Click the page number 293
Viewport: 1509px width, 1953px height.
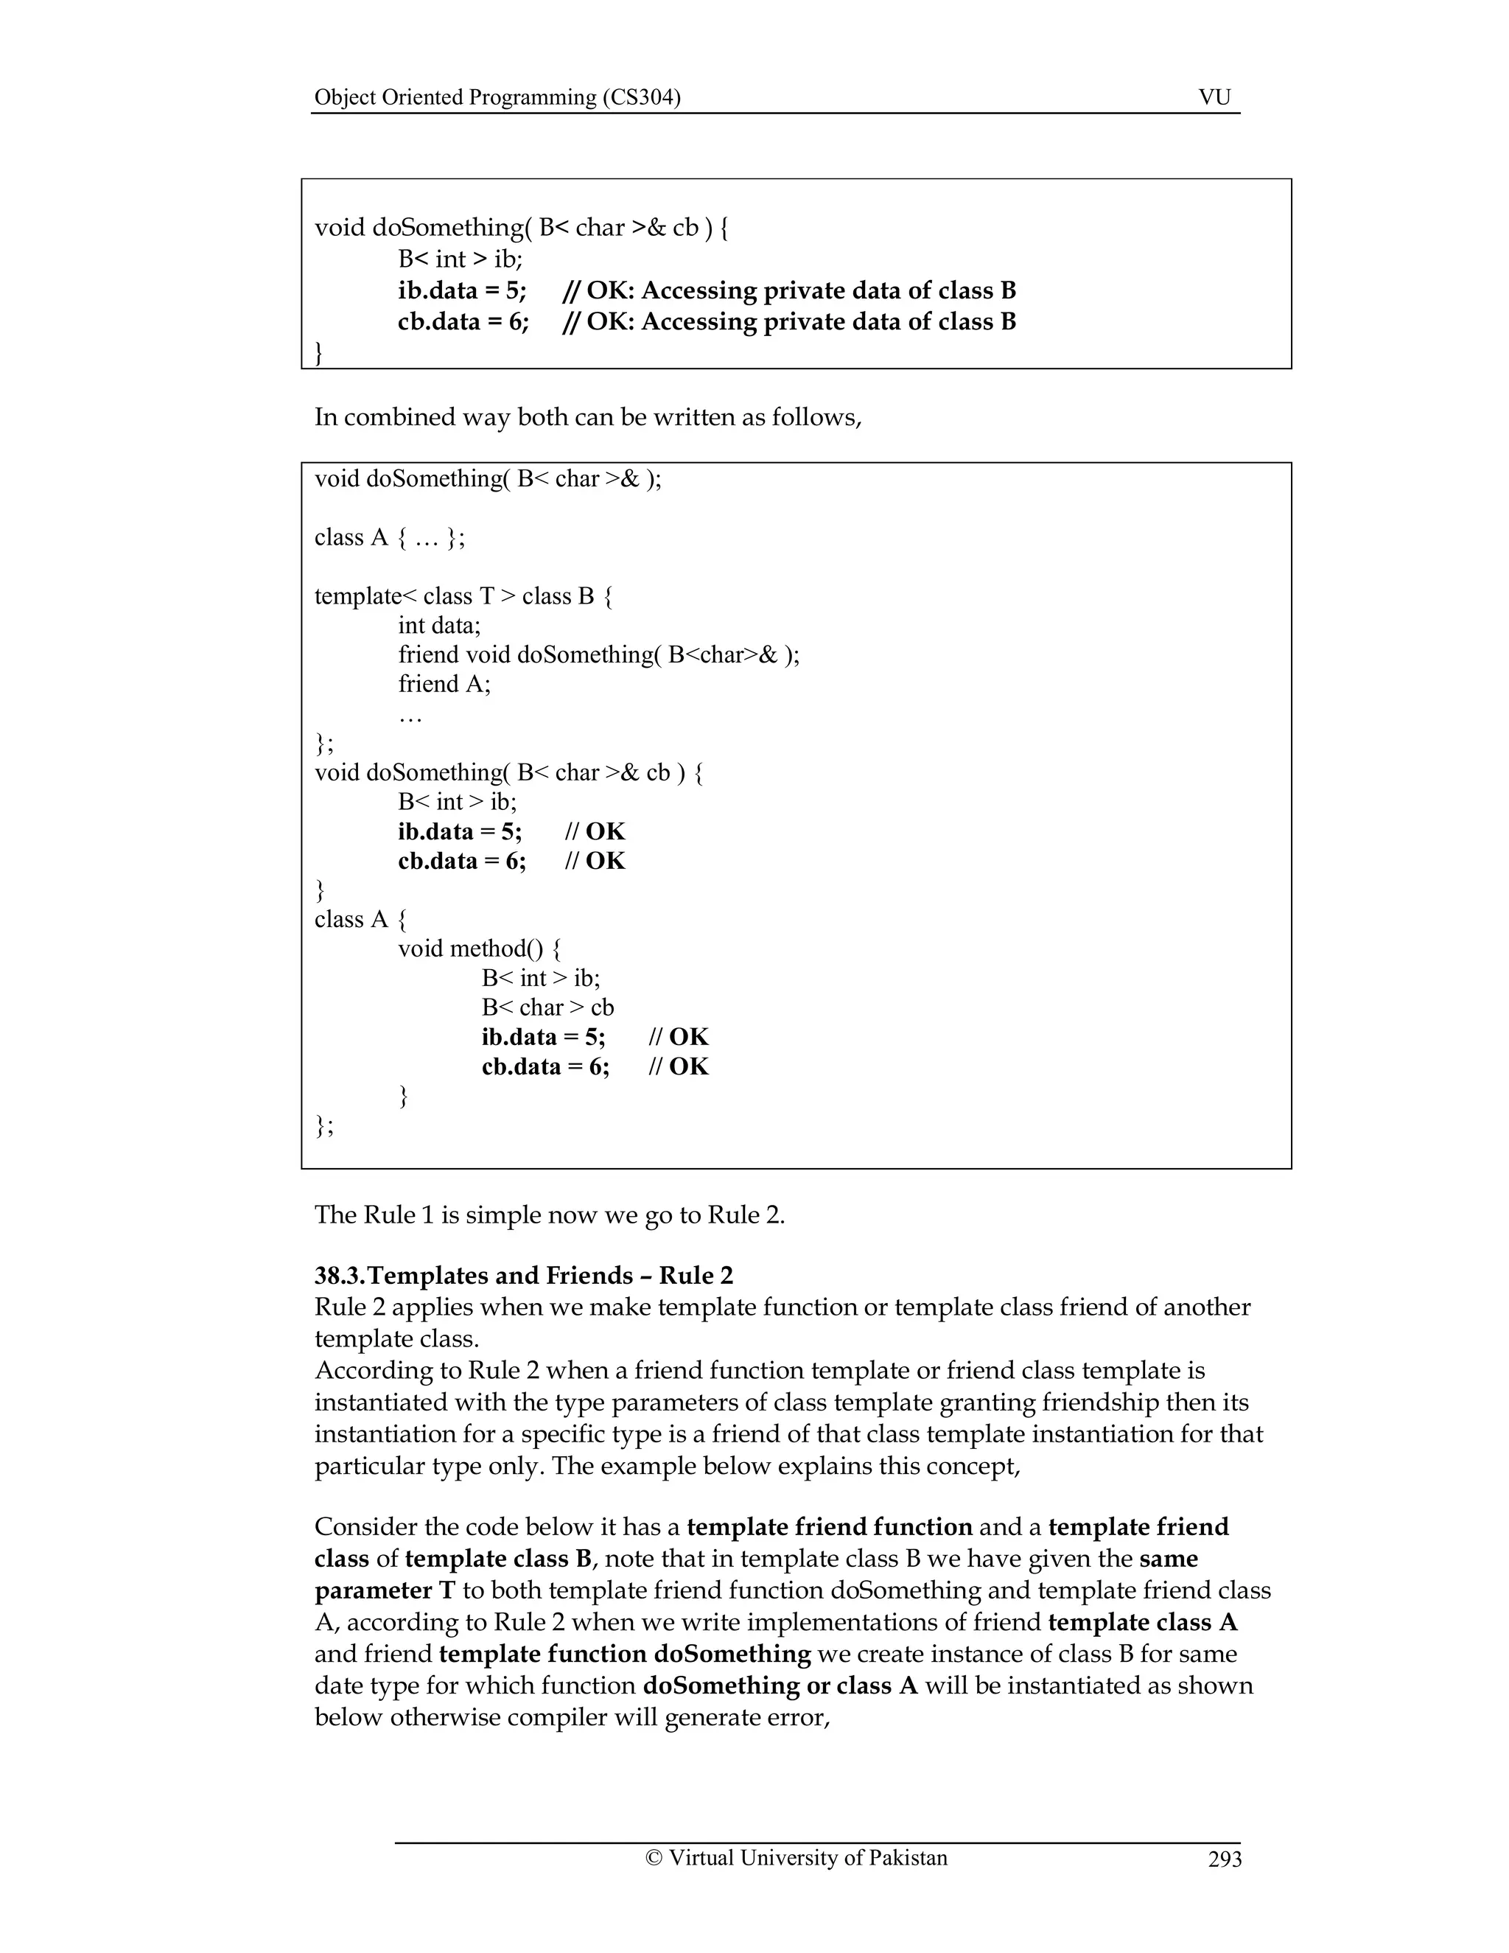[x=1224, y=1859]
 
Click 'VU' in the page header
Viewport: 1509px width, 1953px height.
[x=1214, y=97]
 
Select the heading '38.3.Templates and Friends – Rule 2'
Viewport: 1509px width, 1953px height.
[x=523, y=1275]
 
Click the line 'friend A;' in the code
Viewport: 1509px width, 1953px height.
[x=444, y=684]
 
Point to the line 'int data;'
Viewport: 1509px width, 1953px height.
[x=439, y=625]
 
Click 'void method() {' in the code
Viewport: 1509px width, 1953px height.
[x=479, y=948]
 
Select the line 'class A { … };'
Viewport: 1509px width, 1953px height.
[x=389, y=537]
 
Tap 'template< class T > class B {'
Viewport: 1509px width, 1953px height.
[x=463, y=596]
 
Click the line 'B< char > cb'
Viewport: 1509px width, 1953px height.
[x=547, y=1007]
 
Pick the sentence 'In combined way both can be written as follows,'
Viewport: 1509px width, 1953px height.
[x=587, y=418]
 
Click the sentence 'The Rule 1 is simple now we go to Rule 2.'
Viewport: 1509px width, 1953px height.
[x=549, y=1215]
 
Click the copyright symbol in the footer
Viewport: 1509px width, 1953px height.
[x=654, y=1858]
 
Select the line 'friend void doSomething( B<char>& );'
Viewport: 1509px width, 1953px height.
[x=598, y=654]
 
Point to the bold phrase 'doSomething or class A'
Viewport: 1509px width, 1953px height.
[x=780, y=1685]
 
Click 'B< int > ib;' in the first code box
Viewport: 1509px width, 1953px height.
[x=460, y=259]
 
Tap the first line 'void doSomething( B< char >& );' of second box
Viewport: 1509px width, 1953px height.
[x=487, y=479]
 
